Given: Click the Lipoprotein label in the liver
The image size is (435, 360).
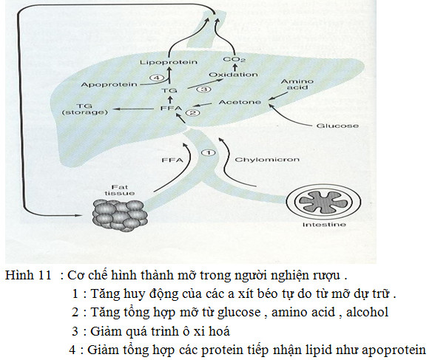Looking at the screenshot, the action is (x=169, y=62).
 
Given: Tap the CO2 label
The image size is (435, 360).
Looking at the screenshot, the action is (x=234, y=59).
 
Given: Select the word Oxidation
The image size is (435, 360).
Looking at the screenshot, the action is (x=233, y=75).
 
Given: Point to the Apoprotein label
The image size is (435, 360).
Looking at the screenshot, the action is (x=109, y=84).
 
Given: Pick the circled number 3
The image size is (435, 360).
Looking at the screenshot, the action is (x=203, y=89).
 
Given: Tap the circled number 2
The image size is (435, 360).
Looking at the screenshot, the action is (x=192, y=112).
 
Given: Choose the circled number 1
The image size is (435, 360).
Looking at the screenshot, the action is (x=208, y=153).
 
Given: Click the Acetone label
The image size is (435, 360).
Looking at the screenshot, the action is (x=240, y=102).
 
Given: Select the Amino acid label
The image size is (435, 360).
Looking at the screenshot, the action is (x=297, y=84).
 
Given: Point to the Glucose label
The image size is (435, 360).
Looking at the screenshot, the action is (x=337, y=126).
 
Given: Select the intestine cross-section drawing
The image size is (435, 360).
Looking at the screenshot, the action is (x=323, y=202).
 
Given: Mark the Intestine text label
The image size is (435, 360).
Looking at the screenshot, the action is (x=324, y=225).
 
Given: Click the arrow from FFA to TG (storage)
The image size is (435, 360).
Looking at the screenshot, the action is (x=135, y=109).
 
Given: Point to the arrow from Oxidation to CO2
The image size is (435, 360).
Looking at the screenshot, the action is (x=235, y=67).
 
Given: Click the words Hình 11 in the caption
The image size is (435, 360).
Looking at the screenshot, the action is (x=28, y=275).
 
